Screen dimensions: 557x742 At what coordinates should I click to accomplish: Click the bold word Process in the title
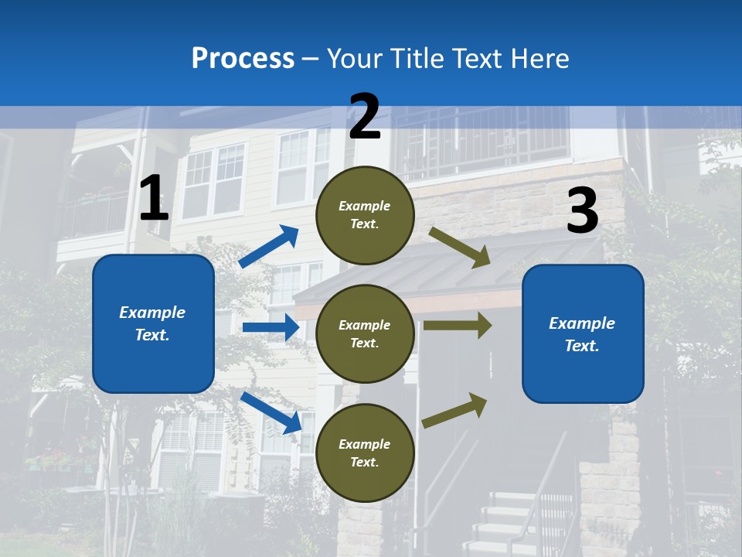pyautogui.click(x=243, y=59)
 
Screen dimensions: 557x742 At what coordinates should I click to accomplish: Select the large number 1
pyautogui.click(x=154, y=199)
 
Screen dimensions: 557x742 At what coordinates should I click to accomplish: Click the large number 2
pyautogui.click(x=365, y=117)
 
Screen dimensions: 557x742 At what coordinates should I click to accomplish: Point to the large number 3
pyautogui.click(x=582, y=211)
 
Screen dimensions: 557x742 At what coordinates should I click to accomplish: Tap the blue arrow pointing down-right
pyautogui.click(x=271, y=412)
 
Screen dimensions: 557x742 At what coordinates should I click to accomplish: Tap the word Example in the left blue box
pyautogui.click(x=152, y=313)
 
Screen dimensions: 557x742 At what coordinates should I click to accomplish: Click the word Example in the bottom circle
pyautogui.click(x=364, y=444)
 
